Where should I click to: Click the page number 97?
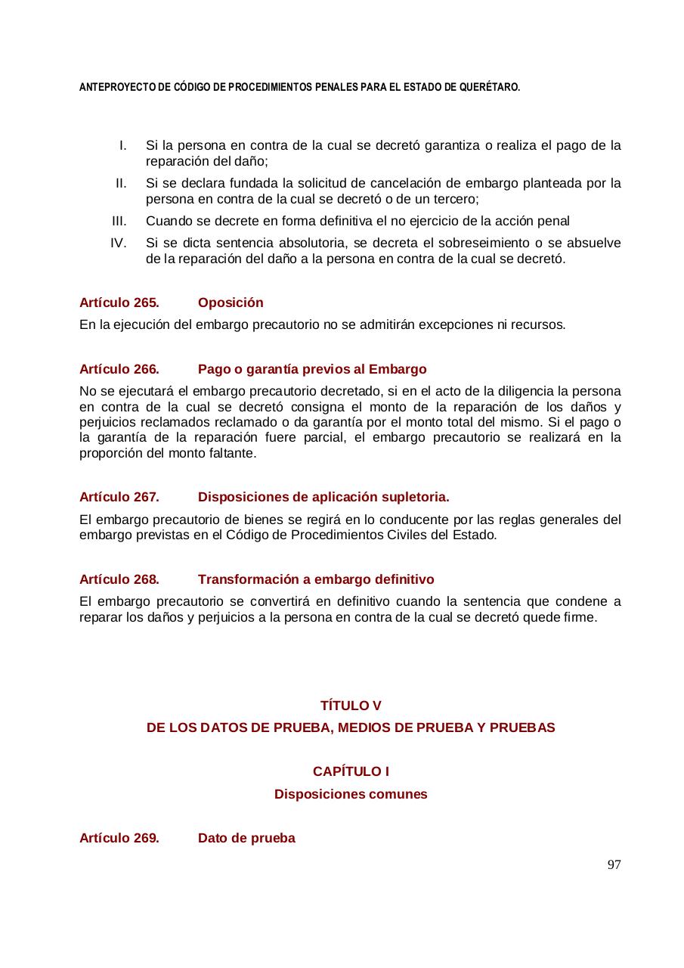point(614,865)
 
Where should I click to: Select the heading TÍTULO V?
point(351,706)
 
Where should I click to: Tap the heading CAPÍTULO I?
point(351,771)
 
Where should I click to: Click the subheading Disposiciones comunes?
point(351,794)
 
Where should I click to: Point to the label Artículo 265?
point(119,302)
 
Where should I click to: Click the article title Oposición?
point(231,302)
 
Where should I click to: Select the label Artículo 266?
point(119,369)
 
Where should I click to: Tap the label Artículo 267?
point(119,497)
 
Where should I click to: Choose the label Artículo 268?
point(119,579)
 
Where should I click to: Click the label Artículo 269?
point(119,838)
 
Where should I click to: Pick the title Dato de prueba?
point(246,838)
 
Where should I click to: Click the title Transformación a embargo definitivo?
point(316,579)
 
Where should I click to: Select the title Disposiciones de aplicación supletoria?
point(323,497)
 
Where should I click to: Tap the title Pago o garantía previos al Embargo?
point(312,369)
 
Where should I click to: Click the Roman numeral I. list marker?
point(122,145)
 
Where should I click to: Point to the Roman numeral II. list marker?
point(121,183)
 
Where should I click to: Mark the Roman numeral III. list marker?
point(119,221)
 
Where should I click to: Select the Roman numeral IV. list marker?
point(118,243)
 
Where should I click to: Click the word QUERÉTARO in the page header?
point(495,88)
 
